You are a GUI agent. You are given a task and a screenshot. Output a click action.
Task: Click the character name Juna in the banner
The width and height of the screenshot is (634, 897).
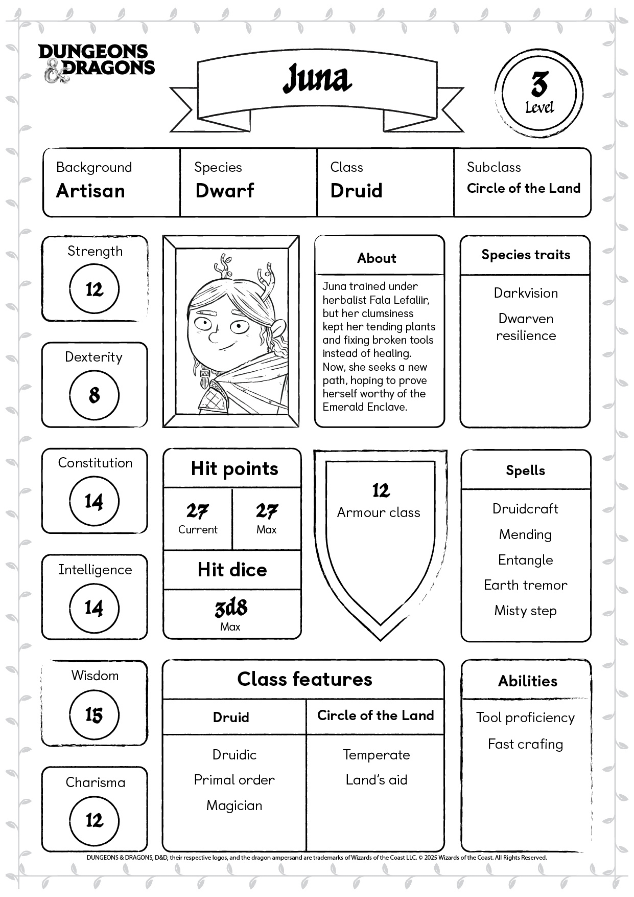(x=317, y=79)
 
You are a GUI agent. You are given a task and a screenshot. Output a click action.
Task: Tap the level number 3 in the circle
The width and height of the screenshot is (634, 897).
(x=539, y=84)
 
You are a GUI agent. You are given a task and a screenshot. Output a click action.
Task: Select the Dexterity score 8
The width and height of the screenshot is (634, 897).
(x=94, y=395)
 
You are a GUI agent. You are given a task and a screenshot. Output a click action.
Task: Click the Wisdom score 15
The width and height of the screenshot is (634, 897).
(x=94, y=714)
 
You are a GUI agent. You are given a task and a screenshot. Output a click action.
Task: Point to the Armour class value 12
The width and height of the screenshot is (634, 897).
(x=381, y=490)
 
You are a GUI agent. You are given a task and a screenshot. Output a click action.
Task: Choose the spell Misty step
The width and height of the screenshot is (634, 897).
(x=525, y=611)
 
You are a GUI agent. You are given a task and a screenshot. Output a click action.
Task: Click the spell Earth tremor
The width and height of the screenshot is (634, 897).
(x=525, y=585)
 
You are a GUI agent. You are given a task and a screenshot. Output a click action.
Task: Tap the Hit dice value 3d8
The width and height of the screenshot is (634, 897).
(x=231, y=608)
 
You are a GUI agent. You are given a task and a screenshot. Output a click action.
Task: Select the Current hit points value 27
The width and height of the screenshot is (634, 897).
(x=197, y=511)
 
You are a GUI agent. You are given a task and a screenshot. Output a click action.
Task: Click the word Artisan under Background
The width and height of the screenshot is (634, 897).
(x=90, y=191)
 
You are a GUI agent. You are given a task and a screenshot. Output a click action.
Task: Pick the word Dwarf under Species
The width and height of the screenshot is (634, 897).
(x=225, y=191)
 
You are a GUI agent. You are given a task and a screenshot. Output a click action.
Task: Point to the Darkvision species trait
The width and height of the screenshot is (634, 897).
(x=526, y=293)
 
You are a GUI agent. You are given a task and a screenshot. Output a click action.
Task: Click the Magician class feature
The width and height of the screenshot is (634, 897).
(x=234, y=805)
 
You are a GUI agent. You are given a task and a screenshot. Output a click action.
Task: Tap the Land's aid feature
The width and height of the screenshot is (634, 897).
(x=377, y=780)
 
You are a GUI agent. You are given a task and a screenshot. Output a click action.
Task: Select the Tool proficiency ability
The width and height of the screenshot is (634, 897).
(x=525, y=717)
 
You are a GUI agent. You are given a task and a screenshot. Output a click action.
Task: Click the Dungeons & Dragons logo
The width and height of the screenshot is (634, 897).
(x=96, y=63)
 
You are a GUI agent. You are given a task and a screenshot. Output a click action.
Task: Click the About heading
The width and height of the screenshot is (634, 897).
(x=377, y=258)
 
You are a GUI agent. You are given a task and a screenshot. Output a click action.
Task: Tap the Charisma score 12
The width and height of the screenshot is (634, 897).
(x=94, y=820)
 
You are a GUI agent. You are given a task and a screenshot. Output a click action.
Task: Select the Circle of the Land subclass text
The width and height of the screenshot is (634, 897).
(x=524, y=188)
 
